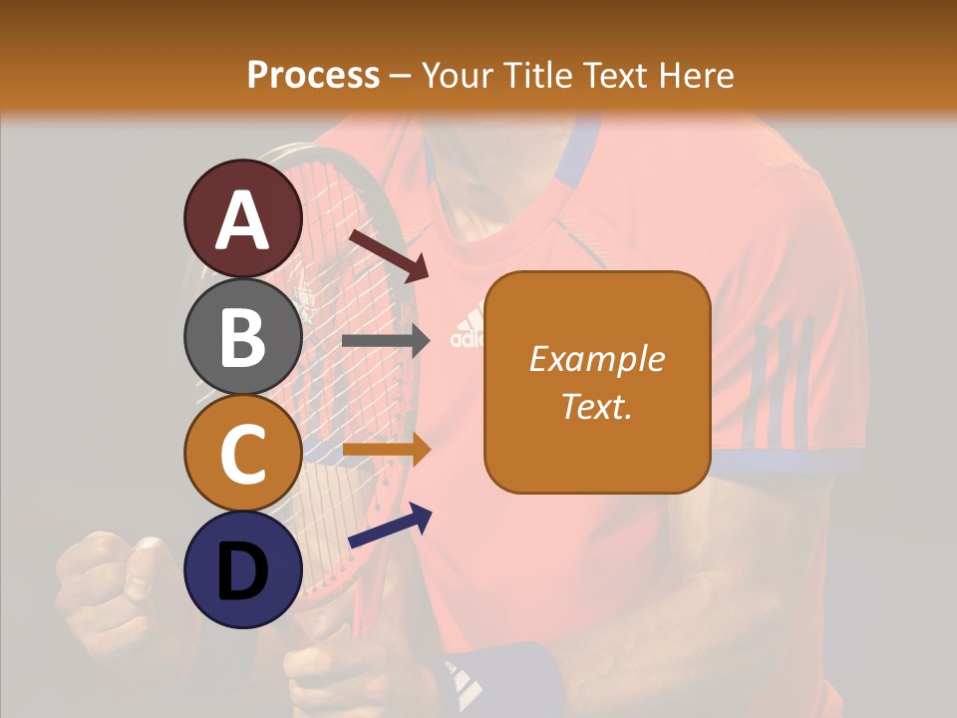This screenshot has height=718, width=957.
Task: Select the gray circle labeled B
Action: [242, 336]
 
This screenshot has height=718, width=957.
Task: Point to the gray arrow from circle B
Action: [386, 340]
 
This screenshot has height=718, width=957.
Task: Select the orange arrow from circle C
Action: [386, 450]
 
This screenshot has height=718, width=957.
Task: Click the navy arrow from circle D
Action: [390, 527]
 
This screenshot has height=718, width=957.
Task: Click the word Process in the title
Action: [313, 75]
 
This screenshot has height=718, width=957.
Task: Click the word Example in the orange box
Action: [597, 359]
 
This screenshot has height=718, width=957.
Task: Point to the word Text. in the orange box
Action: [597, 406]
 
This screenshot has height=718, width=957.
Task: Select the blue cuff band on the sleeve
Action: [788, 461]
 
